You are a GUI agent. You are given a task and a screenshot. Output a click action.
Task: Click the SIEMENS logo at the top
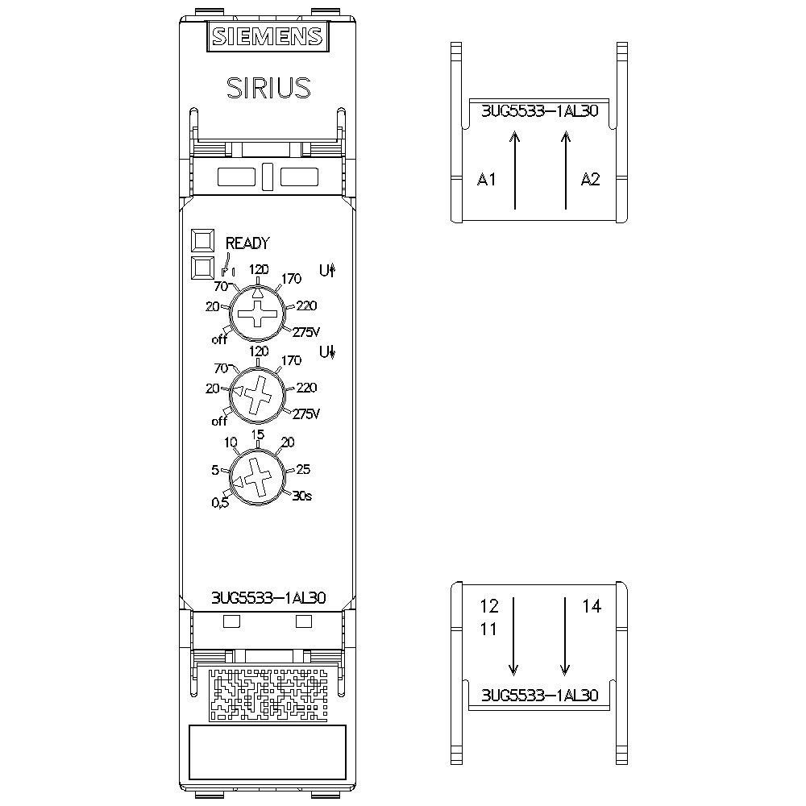267,37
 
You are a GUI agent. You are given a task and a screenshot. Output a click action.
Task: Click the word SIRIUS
268,87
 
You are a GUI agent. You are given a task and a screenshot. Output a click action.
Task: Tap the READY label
247,243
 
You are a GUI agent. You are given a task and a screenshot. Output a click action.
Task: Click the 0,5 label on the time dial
220,504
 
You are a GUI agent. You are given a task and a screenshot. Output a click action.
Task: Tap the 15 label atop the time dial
258,434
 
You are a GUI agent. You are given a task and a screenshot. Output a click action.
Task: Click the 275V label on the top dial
306,331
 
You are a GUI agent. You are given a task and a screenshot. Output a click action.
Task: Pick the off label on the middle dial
219,421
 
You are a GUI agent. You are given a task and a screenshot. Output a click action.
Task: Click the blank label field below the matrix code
267,752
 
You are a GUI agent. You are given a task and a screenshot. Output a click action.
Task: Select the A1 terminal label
486,180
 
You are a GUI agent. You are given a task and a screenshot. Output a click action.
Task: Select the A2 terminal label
591,180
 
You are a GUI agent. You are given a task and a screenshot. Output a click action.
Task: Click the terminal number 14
592,607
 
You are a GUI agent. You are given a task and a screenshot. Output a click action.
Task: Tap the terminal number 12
489,606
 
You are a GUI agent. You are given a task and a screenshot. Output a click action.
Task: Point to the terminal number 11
489,629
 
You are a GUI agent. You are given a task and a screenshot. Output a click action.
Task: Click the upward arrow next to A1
515,171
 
